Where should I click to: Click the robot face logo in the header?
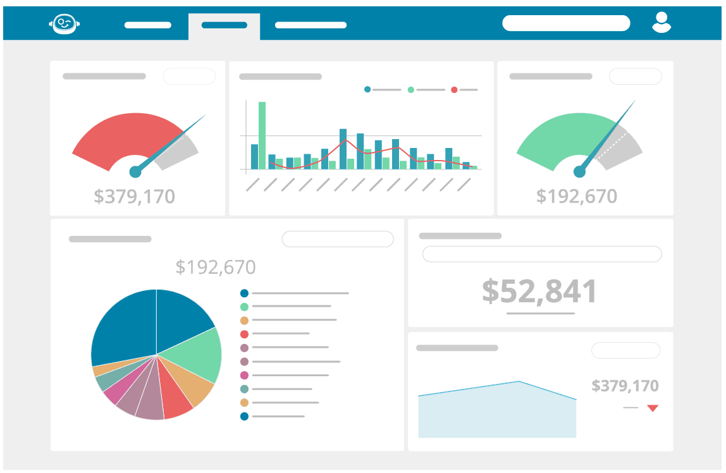click(64, 24)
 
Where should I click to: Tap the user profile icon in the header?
click(661, 23)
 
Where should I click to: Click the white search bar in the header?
click(566, 23)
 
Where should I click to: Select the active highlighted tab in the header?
click(224, 26)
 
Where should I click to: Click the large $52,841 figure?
click(539, 291)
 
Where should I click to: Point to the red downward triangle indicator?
click(653, 408)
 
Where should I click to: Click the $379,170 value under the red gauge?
click(134, 197)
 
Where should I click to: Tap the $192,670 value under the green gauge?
click(576, 196)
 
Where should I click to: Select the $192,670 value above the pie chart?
click(216, 267)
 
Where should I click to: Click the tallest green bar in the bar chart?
click(262, 135)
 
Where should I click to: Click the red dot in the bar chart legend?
click(454, 90)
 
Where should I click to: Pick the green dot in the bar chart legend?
click(411, 90)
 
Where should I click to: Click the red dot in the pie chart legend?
click(244, 333)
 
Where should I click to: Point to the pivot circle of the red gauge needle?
click(135, 171)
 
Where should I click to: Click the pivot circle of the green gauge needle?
click(579, 171)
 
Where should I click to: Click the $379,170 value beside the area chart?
click(625, 386)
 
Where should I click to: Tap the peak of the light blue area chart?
click(519, 382)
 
